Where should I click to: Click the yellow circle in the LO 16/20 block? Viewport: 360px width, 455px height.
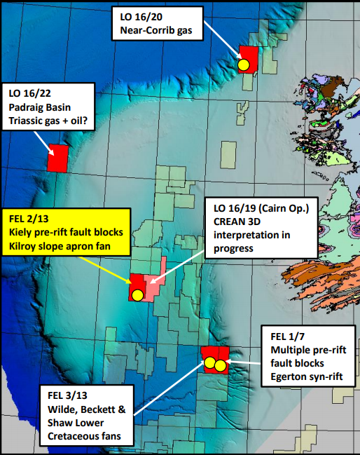[243, 64]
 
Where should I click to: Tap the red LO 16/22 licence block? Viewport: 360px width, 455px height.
[57, 158]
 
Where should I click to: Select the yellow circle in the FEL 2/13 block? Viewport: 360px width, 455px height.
[137, 294]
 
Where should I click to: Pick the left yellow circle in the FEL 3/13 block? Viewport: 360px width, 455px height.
[209, 362]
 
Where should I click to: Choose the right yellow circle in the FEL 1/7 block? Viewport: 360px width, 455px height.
[220, 366]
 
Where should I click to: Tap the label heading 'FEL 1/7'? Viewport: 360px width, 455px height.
[287, 335]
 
